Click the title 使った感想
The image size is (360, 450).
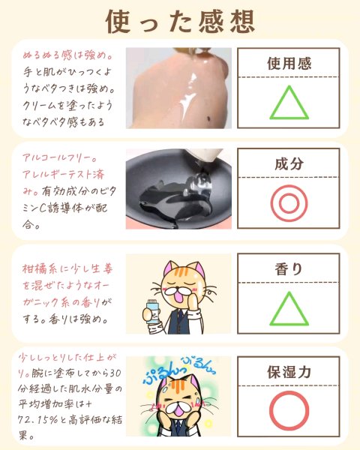coord(180,22)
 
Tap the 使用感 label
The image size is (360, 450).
coord(289,64)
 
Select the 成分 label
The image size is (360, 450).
coord(289,163)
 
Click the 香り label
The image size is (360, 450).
coord(289,269)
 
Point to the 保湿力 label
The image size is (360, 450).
coord(289,372)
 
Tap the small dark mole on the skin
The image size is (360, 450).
coord(208,118)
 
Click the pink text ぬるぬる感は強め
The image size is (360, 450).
coord(67,55)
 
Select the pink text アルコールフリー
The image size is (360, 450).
coord(60,157)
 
